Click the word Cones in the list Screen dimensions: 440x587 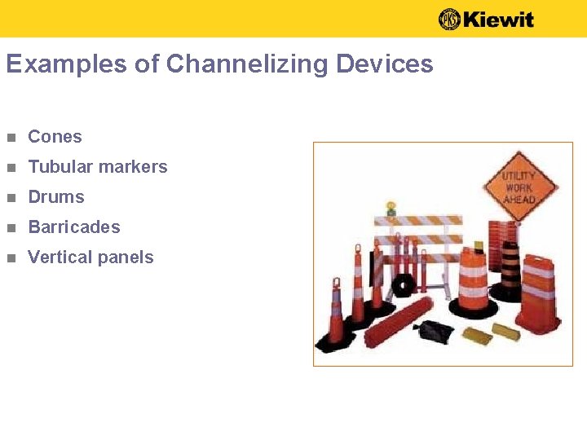pos(55,137)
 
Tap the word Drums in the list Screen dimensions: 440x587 pos(55,197)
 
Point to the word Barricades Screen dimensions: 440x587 pos(73,227)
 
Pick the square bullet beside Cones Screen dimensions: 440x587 pos(10,138)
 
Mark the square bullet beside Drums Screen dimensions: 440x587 pos(10,198)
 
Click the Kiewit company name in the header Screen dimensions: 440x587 pos(499,19)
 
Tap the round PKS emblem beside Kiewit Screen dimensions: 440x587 pos(449,19)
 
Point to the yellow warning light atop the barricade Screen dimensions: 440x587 pos(391,208)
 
